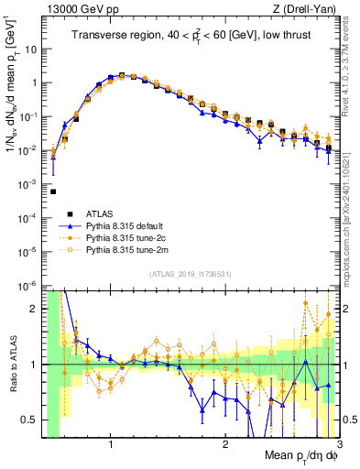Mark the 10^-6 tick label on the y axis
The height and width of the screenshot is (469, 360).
[27, 286]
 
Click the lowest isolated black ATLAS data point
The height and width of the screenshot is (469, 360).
[53, 191]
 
